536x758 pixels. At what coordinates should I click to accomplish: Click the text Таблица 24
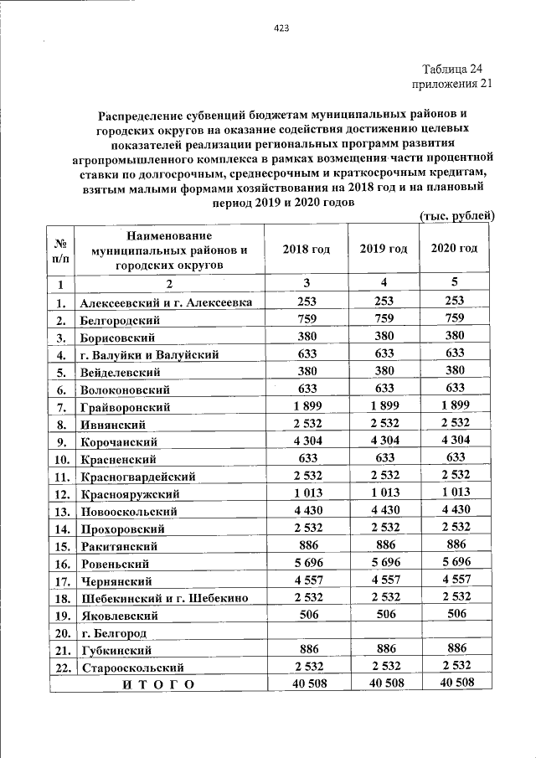pyautogui.click(x=452, y=69)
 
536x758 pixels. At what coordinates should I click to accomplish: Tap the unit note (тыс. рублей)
pyautogui.click(x=456, y=216)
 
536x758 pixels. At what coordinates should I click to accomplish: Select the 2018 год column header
pyautogui.click(x=307, y=249)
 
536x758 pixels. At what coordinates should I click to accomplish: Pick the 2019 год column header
pyautogui.click(x=384, y=249)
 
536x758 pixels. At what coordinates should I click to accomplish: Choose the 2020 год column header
pyautogui.click(x=455, y=249)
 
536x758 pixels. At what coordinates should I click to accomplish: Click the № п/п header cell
pyautogui.click(x=61, y=250)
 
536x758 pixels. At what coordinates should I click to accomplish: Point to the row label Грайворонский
pyautogui.click(x=126, y=407)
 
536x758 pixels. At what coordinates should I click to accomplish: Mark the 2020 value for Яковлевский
pyautogui.click(x=455, y=614)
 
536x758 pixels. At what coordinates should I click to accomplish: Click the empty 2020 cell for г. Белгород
pyautogui.click(x=455, y=632)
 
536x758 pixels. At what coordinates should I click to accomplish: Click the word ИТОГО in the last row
pyautogui.click(x=158, y=684)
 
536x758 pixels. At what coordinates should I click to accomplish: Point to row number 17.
pyautogui.click(x=61, y=580)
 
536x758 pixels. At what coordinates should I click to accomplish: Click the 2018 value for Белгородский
pyautogui.click(x=307, y=318)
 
